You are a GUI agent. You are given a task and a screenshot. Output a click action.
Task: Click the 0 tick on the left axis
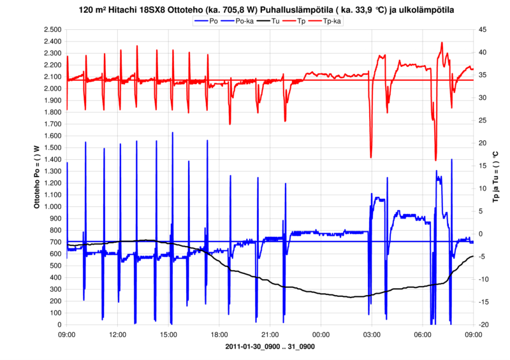coord(59,325)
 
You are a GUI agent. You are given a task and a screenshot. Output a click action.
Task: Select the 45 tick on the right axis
coord(483,30)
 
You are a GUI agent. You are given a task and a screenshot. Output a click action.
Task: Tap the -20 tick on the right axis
coord(484,325)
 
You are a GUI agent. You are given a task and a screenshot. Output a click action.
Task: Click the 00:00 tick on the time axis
coord(321,334)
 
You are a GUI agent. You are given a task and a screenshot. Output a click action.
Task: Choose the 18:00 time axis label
coord(219,334)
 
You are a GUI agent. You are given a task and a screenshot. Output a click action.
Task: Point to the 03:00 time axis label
coord(372,334)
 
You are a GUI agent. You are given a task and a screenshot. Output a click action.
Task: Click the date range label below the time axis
coord(270,347)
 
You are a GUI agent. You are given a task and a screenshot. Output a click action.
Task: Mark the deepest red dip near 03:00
coord(371,157)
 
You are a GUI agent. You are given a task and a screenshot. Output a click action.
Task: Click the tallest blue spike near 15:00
coord(172,133)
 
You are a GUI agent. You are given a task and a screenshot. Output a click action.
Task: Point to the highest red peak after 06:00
coord(442,43)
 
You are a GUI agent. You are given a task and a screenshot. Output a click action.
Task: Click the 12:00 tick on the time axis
coord(118,334)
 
